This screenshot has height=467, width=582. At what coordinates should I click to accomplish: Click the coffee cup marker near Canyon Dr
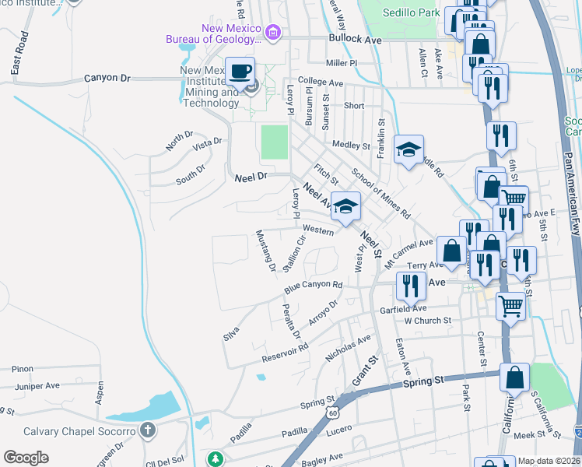tap(240, 72)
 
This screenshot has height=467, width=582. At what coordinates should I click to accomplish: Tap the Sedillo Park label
tap(411, 12)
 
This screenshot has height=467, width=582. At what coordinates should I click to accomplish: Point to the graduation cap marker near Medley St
tap(408, 151)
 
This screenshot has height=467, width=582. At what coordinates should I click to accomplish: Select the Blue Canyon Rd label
tap(313, 287)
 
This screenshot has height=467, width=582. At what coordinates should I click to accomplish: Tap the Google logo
tap(26, 458)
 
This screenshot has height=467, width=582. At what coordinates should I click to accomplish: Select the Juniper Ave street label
tap(37, 385)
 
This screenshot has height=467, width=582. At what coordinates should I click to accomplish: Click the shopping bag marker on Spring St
tap(514, 378)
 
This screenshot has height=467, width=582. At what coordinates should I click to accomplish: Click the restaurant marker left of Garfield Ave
tap(410, 286)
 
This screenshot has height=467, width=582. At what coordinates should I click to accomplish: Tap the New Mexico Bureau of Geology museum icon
tap(272, 33)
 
